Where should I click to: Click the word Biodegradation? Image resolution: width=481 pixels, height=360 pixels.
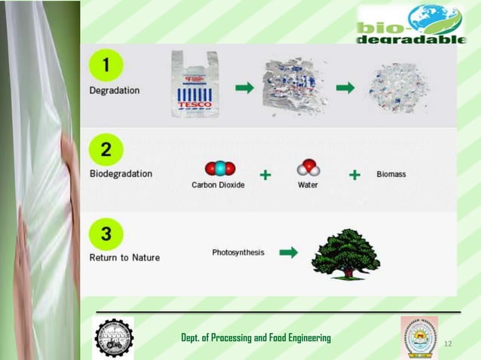pos(121,173)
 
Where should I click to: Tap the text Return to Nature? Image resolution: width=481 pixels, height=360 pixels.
pos(124,258)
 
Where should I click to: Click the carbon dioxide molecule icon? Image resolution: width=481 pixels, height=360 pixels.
pos(219,168)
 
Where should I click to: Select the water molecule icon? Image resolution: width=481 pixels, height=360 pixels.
pos(308,167)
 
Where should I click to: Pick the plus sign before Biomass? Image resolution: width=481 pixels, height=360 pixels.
pos(354,175)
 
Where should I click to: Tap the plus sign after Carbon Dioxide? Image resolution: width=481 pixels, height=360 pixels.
pos(265,175)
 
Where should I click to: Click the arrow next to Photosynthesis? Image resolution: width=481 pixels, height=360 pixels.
pos(288,253)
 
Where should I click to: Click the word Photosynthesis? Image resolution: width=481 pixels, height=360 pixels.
pos(238,252)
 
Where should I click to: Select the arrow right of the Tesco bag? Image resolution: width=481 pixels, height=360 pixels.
pos(244,88)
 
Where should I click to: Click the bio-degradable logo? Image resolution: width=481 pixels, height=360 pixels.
pos(411,25)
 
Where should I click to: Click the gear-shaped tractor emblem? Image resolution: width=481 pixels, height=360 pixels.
pos(113,337)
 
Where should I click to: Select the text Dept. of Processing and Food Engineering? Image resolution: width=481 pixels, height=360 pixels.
pos(256,337)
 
